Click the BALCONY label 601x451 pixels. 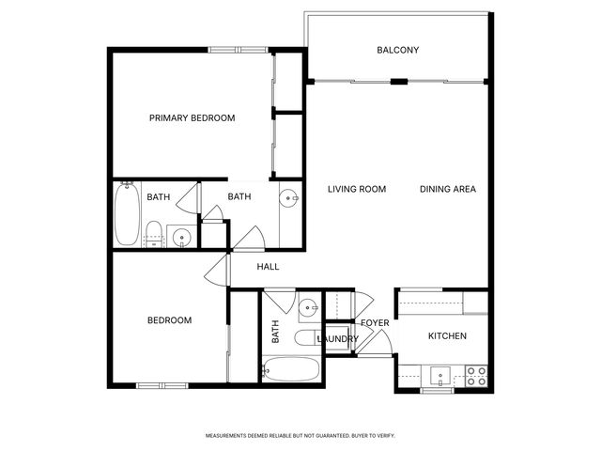pos(397,51)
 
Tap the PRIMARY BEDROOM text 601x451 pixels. pos(193,118)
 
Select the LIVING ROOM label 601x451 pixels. pos(357,190)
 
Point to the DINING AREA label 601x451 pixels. pos(447,190)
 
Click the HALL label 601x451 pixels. pos(269,267)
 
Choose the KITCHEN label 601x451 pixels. pos(447,336)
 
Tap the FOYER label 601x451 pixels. pos(375,323)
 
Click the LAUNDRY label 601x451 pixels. pos(337,339)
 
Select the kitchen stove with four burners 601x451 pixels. pos(476,376)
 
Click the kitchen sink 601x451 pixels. pos(439,378)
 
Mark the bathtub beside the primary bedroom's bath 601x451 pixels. pos(127,214)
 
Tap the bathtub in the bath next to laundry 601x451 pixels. pos(291,369)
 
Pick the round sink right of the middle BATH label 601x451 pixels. pos(290,197)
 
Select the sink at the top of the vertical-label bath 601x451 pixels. pos(307,307)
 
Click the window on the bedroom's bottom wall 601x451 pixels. pos(162,385)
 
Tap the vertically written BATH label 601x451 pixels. pos(276,331)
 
